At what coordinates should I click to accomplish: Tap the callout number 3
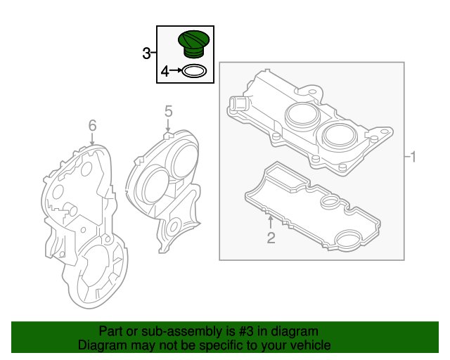[x=146, y=53]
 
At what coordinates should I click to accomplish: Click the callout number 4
[x=165, y=71]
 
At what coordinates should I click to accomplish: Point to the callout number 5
[x=168, y=111]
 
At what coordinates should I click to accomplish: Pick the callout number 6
[x=92, y=125]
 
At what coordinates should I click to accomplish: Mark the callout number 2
[x=271, y=238]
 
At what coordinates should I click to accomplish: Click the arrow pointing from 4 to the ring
[x=175, y=71]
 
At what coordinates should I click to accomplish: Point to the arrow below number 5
[x=168, y=124]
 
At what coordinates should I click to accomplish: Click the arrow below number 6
[x=92, y=139]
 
